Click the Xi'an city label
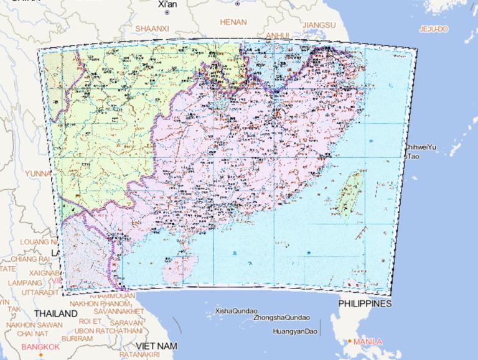click(x=167, y=4)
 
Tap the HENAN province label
click(x=233, y=22)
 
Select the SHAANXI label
click(x=152, y=28)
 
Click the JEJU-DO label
click(x=433, y=29)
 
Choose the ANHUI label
click(x=278, y=35)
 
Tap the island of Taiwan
click(x=352, y=194)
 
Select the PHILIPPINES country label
click(x=365, y=303)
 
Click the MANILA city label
click(x=368, y=341)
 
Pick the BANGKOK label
click(x=40, y=346)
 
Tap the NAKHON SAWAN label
click(x=35, y=325)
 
